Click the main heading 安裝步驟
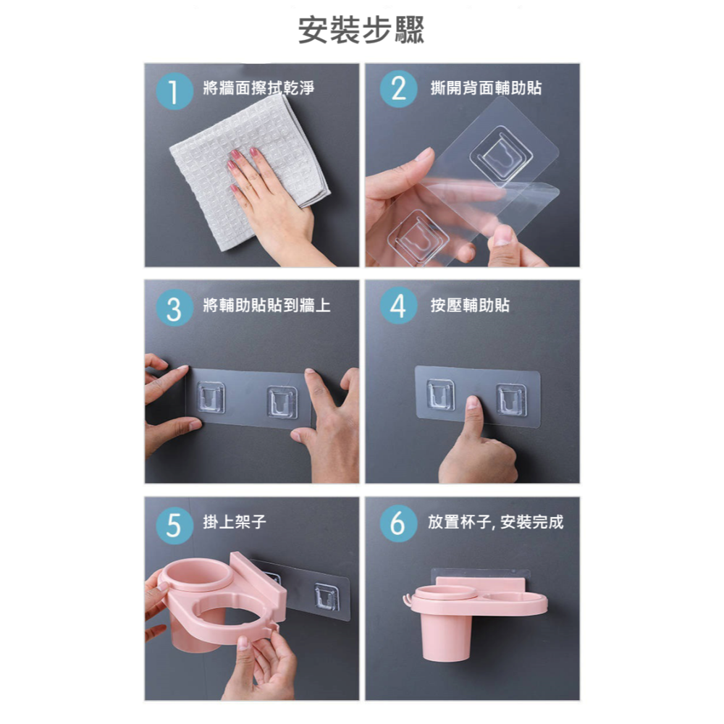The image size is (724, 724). tap(361, 30)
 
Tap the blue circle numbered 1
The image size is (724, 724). tap(174, 91)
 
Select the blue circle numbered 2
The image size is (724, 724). tap(398, 89)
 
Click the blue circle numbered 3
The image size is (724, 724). tap(174, 308)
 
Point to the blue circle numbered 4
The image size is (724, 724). tap(398, 306)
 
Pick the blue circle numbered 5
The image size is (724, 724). tap(174, 525)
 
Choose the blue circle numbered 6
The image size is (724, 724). tap(398, 523)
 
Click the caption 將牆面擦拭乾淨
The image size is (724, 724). tap(258, 88)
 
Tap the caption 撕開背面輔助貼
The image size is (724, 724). tap(486, 88)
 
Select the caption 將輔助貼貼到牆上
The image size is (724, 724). tap(266, 305)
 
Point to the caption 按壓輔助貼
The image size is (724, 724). tap(470, 305)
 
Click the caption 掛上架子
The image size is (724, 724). tap(235, 522)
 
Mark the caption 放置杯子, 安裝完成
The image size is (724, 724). tap(495, 522)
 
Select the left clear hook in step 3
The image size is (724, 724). tap(211, 397)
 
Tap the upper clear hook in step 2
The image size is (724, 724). tap(501, 156)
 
